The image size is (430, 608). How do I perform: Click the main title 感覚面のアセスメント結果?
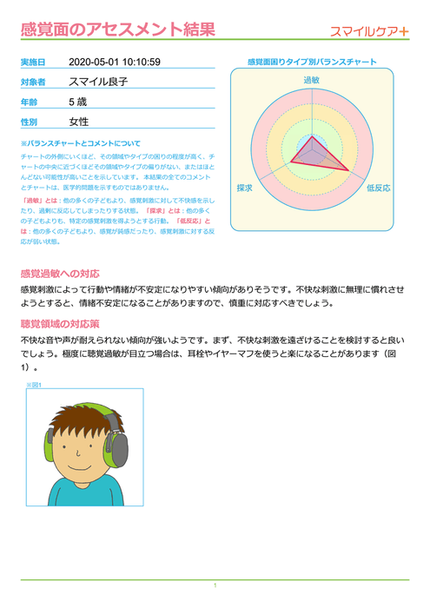(x=119, y=31)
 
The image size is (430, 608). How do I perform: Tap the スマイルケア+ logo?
(x=370, y=32)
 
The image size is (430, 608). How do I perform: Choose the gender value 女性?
(x=79, y=122)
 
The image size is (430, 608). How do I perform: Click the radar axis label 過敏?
(x=311, y=80)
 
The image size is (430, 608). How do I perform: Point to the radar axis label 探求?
(x=244, y=187)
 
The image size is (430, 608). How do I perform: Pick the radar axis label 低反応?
(x=379, y=187)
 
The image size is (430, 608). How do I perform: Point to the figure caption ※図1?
(x=34, y=384)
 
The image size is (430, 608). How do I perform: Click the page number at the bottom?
(x=215, y=586)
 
